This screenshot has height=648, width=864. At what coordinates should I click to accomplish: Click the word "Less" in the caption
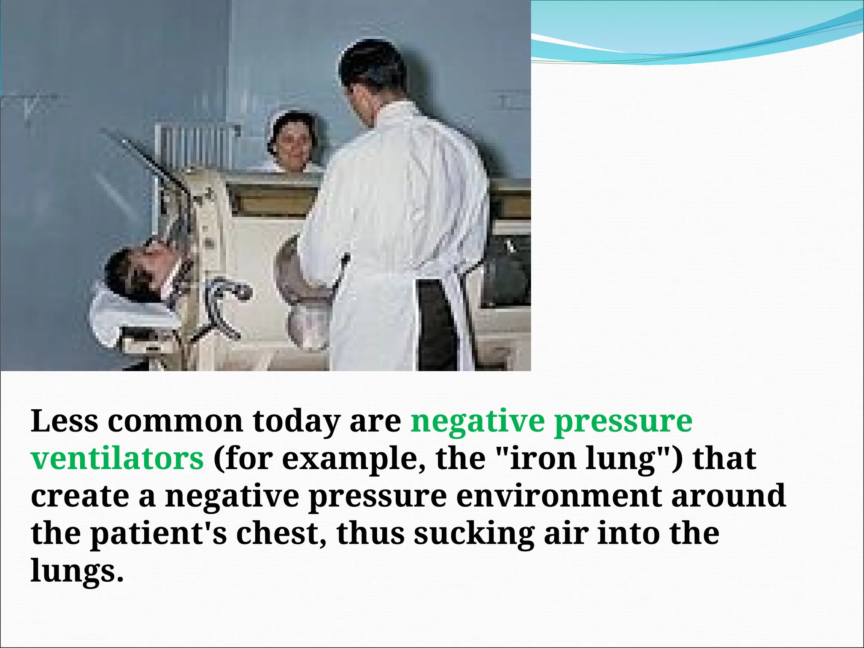pyautogui.click(x=64, y=421)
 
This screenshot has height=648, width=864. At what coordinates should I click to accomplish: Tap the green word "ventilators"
pyautogui.click(x=117, y=459)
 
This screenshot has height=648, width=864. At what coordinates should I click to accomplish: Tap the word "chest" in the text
pyautogui.click(x=276, y=533)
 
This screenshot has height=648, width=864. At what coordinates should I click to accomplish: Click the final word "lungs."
pyautogui.click(x=77, y=571)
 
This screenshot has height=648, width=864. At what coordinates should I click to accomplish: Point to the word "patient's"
pyautogui.click(x=158, y=533)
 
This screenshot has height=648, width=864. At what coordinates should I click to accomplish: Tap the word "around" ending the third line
pyautogui.click(x=728, y=496)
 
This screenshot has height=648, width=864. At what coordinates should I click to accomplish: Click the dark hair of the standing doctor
pyautogui.click(x=371, y=63)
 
